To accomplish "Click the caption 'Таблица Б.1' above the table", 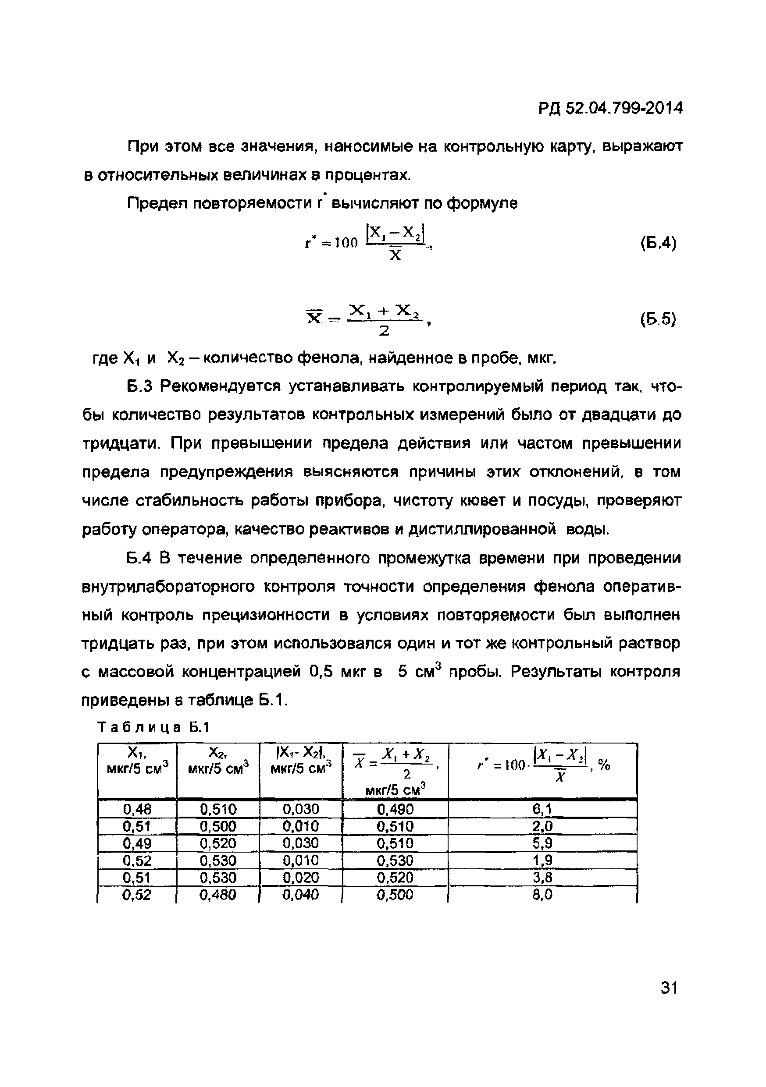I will tap(153, 727).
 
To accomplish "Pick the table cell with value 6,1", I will tap(542, 809).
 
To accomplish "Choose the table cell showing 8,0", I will tap(542, 894).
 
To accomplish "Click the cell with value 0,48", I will tap(137, 809).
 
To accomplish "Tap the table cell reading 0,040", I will tap(300, 894).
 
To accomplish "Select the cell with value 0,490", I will tap(395, 809).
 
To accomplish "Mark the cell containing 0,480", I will tap(218, 894).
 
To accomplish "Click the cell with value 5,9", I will tap(542, 843).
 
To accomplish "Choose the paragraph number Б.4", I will tap(139, 558).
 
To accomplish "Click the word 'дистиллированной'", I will tap(479, 529).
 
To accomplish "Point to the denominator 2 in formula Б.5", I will tap(384, 331).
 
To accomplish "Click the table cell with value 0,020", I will tap(300, 877).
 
